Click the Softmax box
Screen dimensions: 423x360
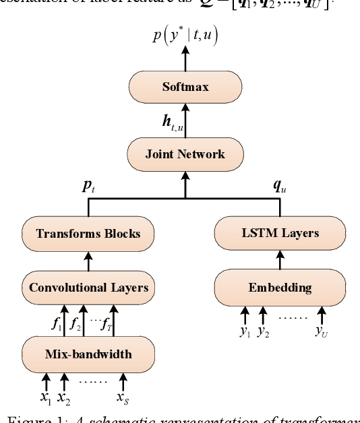pos(185,88)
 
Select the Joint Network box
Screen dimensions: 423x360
pos(185,154)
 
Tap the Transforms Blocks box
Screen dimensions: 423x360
pos(88,234)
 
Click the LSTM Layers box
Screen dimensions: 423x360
pos(280,234)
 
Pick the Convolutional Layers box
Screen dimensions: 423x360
pos(88,288)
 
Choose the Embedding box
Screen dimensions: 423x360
pos(280,288)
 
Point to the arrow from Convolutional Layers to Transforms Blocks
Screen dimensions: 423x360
pos(88,261)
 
